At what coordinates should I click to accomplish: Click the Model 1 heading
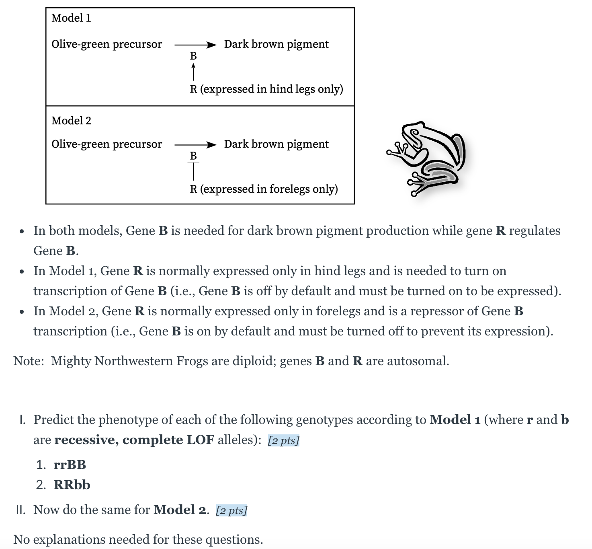pos(71,18)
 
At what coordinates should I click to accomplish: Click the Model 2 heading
pos(71,121)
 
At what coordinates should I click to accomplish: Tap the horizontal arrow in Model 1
pos(196,45)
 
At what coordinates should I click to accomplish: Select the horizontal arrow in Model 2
pos(196,145)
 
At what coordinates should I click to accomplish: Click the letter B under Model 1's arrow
pos(193,56)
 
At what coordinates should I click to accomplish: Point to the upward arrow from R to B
pos(193,72)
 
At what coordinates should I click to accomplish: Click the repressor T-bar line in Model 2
pos(193,171)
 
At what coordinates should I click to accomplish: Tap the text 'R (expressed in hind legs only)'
pos(266,89)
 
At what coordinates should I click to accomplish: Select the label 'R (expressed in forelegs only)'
pos(264,189)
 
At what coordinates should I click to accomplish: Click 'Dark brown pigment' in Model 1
pos(277,44)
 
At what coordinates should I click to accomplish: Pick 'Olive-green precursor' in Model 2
pos(107,144)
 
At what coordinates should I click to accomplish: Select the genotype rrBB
pos(70,465)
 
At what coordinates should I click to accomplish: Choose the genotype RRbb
pos(72,485)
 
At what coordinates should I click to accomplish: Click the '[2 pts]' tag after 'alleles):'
pos(283,440)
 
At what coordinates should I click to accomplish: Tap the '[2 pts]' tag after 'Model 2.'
pos(231,510)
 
